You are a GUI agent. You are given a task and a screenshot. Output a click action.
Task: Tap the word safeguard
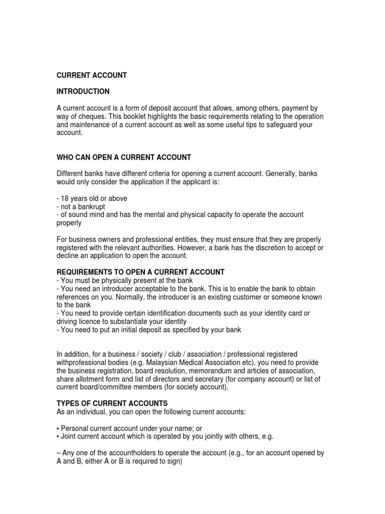[x=268, y=124]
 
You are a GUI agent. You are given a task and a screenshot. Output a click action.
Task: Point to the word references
[x=74, y=297]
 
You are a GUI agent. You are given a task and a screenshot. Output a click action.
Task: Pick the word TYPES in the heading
[x=68, y=404]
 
